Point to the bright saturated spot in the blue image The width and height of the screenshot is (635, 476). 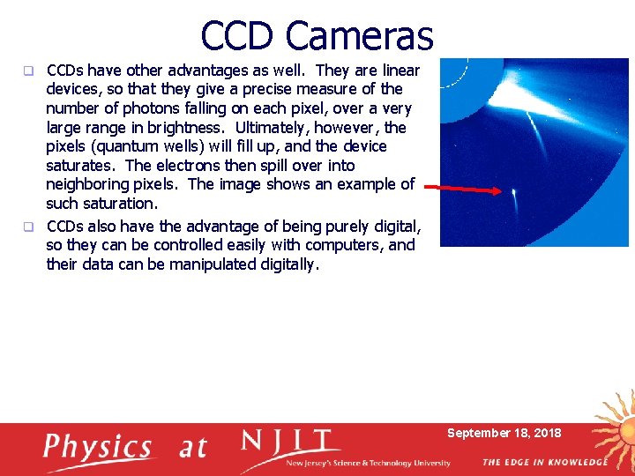[x=513, y=190]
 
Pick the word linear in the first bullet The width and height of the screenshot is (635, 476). [x=397, y=70]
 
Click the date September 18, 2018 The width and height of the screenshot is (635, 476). [x=504, y=433]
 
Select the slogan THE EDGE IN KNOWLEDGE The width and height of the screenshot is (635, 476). [x=544, y=462]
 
